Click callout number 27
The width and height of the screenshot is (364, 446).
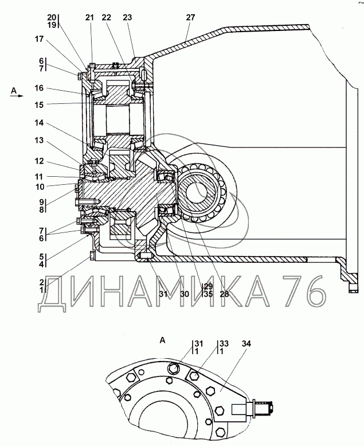(x=190, y=18)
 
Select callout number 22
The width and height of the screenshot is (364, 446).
(x=107, y=18)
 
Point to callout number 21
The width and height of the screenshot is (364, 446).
(x=89, y=18)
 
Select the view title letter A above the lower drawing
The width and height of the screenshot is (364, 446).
(x=162, y=340)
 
